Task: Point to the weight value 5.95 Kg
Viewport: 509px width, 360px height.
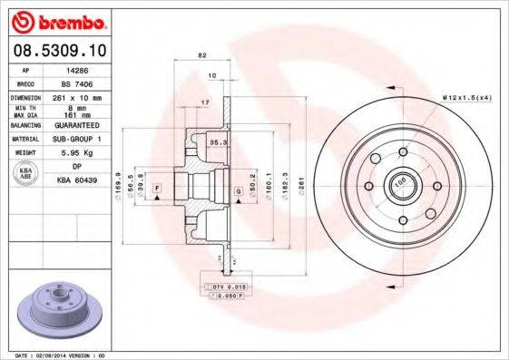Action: point(76,153)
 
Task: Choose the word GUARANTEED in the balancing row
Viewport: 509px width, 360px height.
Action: point(76,126)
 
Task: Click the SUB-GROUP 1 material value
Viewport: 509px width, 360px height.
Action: point(76,140)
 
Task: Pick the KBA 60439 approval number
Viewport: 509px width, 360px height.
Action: point(76,180)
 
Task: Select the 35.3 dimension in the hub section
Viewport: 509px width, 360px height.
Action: point(217,143)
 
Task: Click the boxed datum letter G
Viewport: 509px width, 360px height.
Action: point(238,192)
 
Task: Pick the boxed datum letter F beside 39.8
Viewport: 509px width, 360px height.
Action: point(157,188)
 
